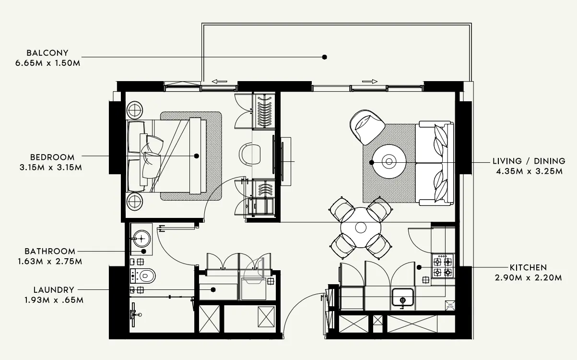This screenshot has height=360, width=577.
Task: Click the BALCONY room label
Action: (47, 53)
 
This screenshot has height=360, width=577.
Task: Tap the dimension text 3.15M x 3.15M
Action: (47, 168)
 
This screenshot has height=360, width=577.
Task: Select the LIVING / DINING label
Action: (529, 161)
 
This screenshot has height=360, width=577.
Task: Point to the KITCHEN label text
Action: (528, 267)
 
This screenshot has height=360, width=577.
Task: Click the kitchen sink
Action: (403, 298)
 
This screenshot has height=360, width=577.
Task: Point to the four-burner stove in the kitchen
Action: (443, 267)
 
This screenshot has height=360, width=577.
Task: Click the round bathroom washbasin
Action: (141, 237)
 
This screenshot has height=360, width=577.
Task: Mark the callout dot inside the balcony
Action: (324, 57)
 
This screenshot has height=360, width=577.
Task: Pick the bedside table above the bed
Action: (135, 110)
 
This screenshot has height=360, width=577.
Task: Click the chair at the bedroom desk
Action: (250, 154)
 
